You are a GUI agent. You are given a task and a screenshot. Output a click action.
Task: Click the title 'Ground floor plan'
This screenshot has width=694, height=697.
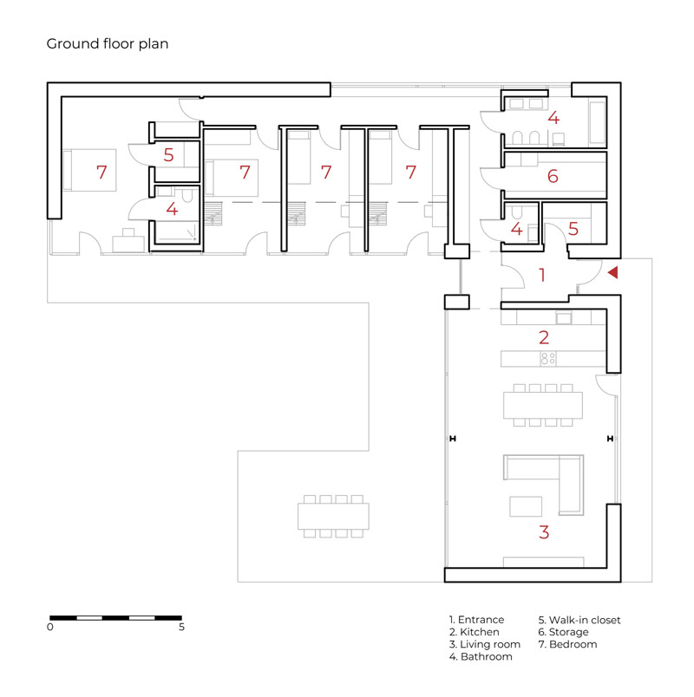(108, 44)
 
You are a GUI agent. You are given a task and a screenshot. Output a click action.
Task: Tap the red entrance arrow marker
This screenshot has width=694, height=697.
(613, 272)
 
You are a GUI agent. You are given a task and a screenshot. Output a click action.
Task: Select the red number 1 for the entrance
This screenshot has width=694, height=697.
(542, 275)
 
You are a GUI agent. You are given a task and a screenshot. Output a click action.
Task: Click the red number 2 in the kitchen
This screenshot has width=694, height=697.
(544, 338)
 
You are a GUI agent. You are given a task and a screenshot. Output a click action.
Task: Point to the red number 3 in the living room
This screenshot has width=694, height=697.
(544, 532)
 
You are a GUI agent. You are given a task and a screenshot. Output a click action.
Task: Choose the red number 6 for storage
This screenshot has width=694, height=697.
(553, 177)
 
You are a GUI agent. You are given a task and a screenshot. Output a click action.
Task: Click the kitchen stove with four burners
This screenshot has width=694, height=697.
(548, 358)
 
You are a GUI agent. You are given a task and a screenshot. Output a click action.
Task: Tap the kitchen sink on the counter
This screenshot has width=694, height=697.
(564, 318)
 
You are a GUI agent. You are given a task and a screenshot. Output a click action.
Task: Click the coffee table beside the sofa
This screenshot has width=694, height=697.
(526, 506)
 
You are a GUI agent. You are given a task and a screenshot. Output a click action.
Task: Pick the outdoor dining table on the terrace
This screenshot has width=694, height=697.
(333, 516)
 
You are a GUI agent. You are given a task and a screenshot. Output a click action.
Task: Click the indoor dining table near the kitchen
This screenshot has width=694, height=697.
(543, 405)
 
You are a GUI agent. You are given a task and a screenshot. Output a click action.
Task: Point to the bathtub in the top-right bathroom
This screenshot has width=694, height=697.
(597, 123)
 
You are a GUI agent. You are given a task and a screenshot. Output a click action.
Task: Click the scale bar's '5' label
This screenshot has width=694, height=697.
(181, 627)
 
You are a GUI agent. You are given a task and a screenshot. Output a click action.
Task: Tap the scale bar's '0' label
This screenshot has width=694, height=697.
(49, 627)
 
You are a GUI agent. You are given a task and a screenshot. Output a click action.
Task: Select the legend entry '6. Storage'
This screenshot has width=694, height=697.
(563, 632)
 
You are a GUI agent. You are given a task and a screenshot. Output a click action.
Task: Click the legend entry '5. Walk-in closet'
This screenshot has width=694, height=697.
(579, 620)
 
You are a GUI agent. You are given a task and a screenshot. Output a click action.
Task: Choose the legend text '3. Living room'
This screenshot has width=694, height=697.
(484, 644)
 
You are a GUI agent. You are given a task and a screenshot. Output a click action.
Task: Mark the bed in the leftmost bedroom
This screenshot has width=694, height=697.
(89, 170)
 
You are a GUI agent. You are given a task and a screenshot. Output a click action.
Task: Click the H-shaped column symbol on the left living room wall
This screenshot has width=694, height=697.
(453, 439)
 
